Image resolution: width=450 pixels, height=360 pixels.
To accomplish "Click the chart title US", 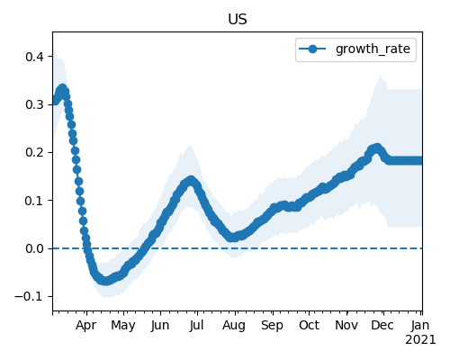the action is (x=238, y=20).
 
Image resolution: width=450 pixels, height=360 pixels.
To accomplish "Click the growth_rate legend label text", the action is (x=373, y=49).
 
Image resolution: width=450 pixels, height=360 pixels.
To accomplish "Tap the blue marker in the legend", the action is (x=312, y=49).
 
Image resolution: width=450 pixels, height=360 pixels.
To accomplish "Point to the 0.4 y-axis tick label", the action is (x=35, y=57).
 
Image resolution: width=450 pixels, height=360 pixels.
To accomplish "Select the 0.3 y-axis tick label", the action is (x=35, y=104).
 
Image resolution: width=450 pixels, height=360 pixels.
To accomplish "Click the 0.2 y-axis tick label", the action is (x=35, y=152).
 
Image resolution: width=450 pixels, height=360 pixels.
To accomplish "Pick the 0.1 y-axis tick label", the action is (x=35, y=201).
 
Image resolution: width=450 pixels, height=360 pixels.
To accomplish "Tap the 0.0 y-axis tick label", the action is (x=35, y=248).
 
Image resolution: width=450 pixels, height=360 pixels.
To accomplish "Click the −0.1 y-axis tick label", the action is (x=30, y=296).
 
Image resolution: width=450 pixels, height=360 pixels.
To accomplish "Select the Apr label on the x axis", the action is (x=86, y=326).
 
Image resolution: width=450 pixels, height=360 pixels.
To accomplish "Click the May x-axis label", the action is (x=123, y=326).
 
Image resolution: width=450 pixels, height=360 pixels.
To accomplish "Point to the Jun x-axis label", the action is (x=160, y=325).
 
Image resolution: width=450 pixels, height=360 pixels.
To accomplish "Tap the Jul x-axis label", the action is (x=196, y=325).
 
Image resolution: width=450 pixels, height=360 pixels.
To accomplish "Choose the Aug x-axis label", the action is (x=234, y=326).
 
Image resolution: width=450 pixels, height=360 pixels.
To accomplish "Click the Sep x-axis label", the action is (x=272, y=326).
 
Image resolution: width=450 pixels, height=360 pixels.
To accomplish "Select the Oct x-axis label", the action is (x=309, y=325).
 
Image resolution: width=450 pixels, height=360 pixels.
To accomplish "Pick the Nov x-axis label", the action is (x=346, y=325).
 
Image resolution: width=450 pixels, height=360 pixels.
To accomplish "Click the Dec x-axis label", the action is (x=382, y=325).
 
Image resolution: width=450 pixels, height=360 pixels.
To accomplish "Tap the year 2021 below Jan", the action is (x=420, y=340).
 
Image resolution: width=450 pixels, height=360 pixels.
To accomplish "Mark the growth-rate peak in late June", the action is (x=191, y=181).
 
